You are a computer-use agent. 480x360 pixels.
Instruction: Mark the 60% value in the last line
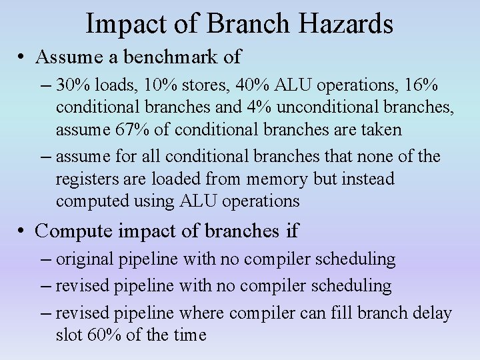pos(103,335)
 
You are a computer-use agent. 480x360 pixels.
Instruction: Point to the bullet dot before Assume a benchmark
pos(23,58)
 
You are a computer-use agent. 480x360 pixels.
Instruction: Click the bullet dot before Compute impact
pos(23,231)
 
